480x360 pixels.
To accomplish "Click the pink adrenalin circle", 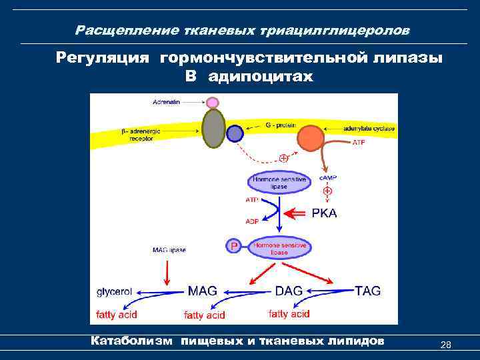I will pyautogui.click(x=213, y=103).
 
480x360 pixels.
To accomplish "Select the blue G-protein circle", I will pyautogui.click(x=235, y=134).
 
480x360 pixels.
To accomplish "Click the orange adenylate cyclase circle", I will pyautogui.click(x=310, y=138).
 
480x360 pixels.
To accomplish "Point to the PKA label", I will pyautogui.click(x=325, y=213).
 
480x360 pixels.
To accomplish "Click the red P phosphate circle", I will pyautogui.click(x=233, y=246).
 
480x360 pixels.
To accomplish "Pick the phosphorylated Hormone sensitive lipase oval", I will pyautogui.click(x=279, y=249).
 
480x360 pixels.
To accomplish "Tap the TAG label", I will pyautogui.click(x=367, y=291).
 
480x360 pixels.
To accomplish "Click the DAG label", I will pyautogui.click(x=289, y=291).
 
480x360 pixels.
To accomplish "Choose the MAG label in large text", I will pyautogui.click(x=202, y=291).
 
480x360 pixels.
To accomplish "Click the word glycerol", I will pyautogui.click(x=115, y=291).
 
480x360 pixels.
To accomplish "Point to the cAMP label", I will pyautogui.click(x=327, y=178).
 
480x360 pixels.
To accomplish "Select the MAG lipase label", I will pyautogui.click(x=169, y=250).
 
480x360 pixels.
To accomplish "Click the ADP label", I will pyautogui.click(x=253, y=221).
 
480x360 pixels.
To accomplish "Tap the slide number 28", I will pyautogui.click(x=446, y=345).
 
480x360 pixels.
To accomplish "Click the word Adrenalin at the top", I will pyautogui.click(x=167, y=102).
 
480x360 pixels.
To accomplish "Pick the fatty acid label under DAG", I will pyautogui.click(x=289, y=313).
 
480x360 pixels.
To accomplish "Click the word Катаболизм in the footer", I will pyautogui.click(x=131, y=341).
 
